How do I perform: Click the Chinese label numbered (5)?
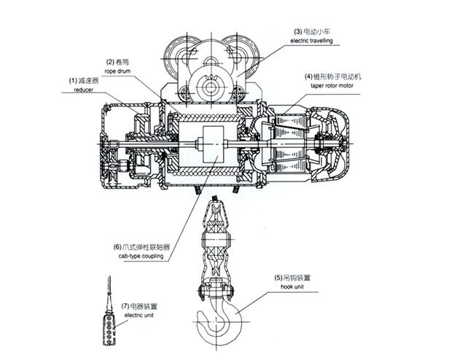(292, 278)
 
